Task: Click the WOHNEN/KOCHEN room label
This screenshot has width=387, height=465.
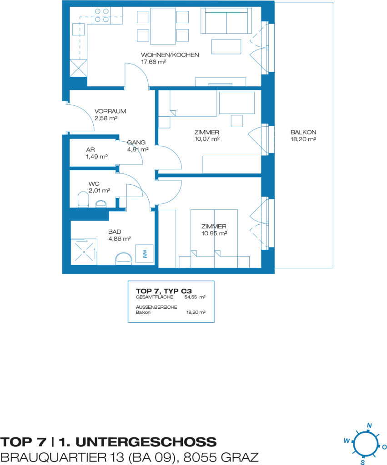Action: coord(170,55)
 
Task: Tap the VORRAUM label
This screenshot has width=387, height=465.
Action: coord(110,111)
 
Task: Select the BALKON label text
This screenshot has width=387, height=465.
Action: coord(303,132)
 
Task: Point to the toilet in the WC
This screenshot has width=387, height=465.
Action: coord(83,199)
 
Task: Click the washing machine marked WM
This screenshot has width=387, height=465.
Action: coord(144,253)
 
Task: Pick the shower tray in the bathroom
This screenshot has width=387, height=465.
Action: coord(84,252)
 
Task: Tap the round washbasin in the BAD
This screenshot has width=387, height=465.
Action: coord(124,258)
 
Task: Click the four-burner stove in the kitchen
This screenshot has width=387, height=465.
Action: coord(101,16)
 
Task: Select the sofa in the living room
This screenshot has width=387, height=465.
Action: coord(226,20)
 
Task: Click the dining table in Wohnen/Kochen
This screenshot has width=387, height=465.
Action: coord(163,26)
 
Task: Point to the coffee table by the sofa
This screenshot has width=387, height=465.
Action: coord(226,47)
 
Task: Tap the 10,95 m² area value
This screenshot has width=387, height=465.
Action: coord(214,233)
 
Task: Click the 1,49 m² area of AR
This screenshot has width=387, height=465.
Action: coord(97,157)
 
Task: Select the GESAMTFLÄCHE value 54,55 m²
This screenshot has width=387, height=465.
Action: coord(195,297)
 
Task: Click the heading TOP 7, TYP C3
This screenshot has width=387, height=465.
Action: coord(164,291)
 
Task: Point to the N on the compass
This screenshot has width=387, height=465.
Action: coord(369,425)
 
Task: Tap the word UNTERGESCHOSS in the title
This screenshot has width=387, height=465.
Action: coord(146,442)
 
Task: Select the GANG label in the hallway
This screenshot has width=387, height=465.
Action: coord(136,142)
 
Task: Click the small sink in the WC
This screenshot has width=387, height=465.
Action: coord(101,203)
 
